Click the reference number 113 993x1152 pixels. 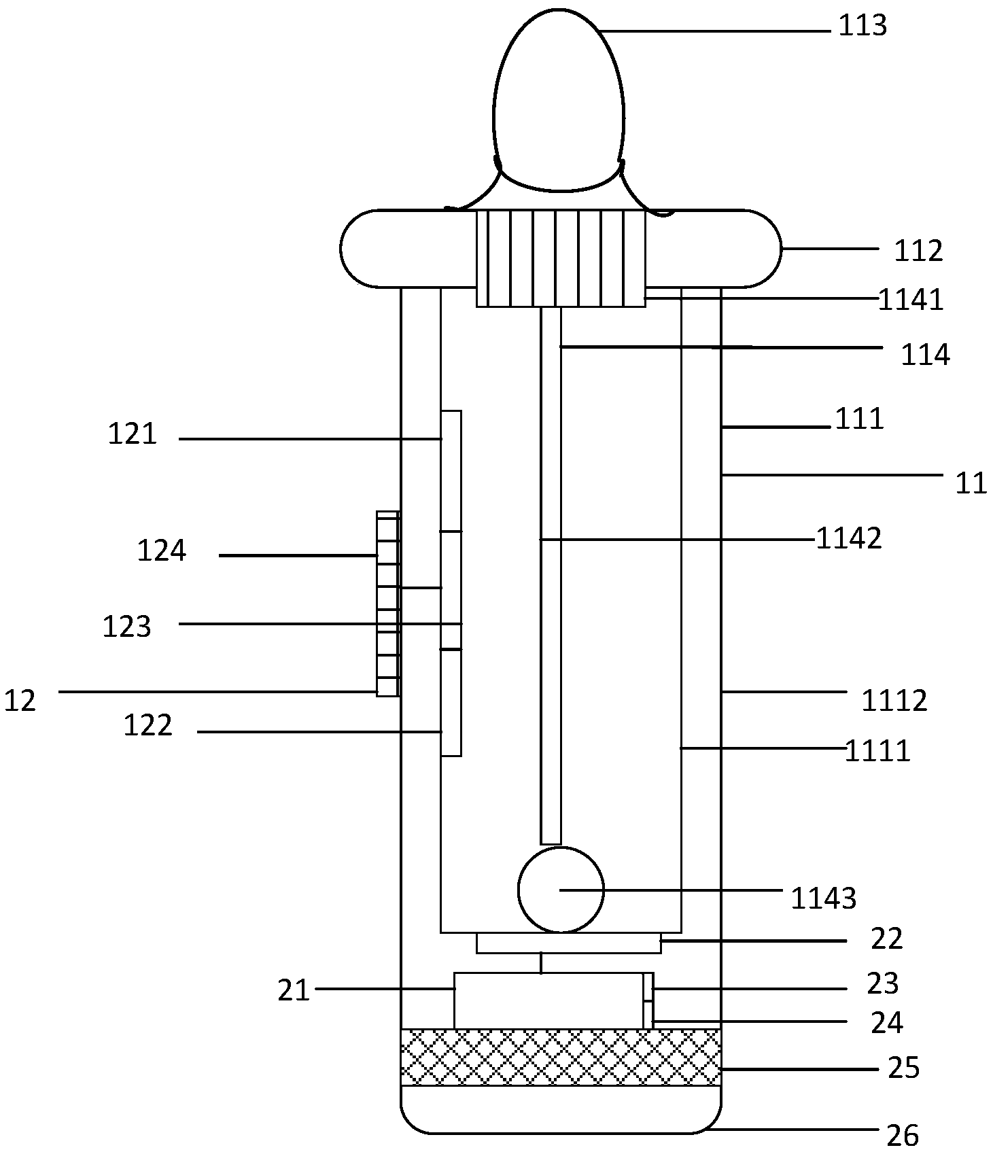863,26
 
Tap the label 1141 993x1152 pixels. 911,300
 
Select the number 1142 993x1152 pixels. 849,538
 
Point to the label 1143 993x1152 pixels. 823,898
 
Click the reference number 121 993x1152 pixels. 133,434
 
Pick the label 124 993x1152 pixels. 162,551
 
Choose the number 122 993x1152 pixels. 147,726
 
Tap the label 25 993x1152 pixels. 904,1068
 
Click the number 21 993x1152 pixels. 294,992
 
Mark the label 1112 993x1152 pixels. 894,701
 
